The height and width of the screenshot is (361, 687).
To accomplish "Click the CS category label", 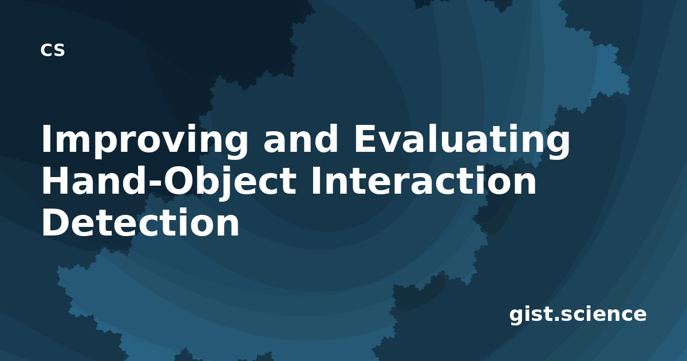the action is click(53, 50).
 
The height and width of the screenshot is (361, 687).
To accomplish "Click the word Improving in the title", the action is click(145, 141).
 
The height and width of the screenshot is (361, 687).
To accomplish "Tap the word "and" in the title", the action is click(301, 138).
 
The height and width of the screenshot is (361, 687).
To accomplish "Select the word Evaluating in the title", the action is click(463, 141).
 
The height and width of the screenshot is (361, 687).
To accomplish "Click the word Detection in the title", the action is click(140, 222).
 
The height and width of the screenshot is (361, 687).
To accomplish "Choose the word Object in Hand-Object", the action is click(230, 183).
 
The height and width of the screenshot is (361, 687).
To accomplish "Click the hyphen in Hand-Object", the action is click(154, 183).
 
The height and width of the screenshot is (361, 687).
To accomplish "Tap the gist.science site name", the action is click(578, 315).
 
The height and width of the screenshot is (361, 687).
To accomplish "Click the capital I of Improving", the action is click(46, 139).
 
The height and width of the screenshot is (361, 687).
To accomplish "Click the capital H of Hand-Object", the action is click(55, 180).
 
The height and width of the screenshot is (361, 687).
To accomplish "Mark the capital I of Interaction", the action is click(316, 180).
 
